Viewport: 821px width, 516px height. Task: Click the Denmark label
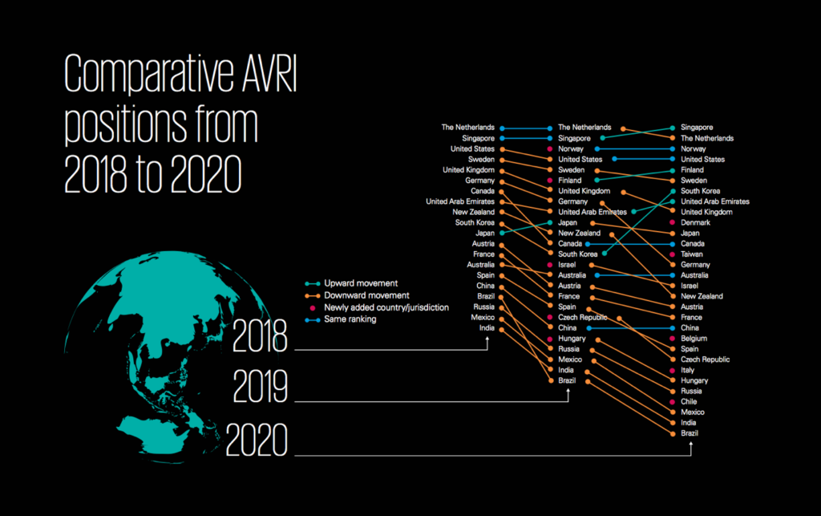[x=694, y=222]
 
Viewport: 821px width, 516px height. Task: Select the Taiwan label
[x=692, y=254]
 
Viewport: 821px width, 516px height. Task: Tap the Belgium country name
[x=694, y=339]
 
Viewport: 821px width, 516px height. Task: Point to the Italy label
[x=688, y=370]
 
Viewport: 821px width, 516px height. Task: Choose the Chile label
[x=690, y=401]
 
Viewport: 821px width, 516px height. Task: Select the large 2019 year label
[x=260, y=389]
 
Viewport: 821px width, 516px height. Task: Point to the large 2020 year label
[x=257, y=441]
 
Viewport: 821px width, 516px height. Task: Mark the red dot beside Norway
[x=550, y=148]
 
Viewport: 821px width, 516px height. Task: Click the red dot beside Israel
[x=550, y=265]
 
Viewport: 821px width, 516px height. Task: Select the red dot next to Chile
[x=672, y=401]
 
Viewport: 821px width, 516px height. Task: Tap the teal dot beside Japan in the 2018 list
[x=502, y=233]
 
